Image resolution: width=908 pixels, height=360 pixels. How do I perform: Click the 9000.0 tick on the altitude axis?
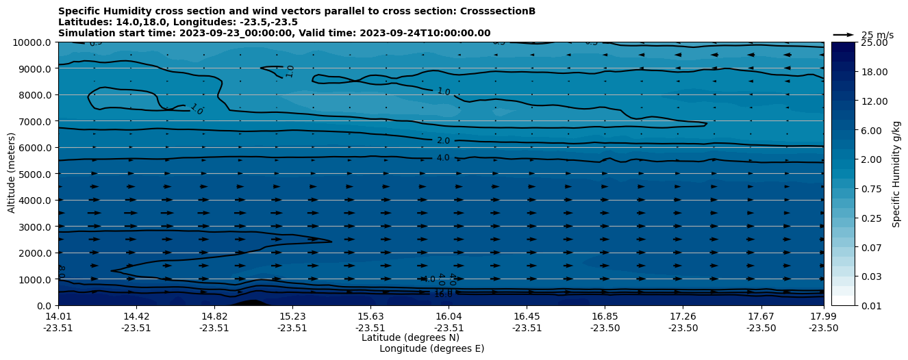pyautogui.click(x=33, y=68)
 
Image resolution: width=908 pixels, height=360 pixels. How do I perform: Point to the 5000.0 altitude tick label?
pyautogui.click(x=33, y=174)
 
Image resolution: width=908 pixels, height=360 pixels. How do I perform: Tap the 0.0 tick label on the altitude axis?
pyautogui.click(x=43, y=306)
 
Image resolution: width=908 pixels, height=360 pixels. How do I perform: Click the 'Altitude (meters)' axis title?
pyautogui.click(x=12, y=174)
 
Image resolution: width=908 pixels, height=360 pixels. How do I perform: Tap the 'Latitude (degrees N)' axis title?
pyautogui.click(x=410, y=337)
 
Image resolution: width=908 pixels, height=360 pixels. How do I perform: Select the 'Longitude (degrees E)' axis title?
pyautogui.click(x=431, y=348)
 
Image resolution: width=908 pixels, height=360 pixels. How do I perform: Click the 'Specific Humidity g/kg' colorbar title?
pyautogui.click(x=896, y=174)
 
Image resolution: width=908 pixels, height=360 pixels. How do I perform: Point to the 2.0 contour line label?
pyautogui.click(x=443, y=141)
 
